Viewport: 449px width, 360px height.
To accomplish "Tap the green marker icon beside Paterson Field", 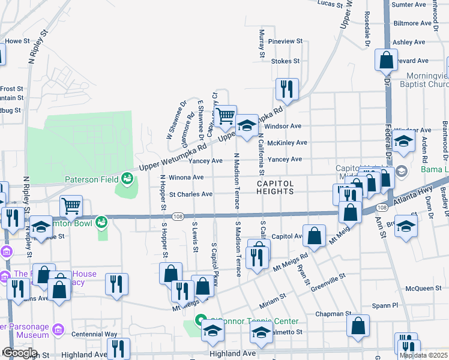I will coord(127,178).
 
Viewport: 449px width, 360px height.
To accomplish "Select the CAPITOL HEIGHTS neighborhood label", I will coord(276,187).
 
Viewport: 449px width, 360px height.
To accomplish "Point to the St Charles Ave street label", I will coord(190,194).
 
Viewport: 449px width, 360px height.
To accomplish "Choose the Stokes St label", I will coord(285,61).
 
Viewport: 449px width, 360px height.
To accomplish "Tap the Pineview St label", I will coord(285,41).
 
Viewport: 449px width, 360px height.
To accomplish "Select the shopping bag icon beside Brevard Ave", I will coord(386,60).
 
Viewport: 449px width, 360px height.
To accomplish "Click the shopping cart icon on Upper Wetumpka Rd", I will coord(226,116).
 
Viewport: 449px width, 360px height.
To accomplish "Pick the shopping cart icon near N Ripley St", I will coord(71,206).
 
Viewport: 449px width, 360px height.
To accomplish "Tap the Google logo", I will coord(19,353).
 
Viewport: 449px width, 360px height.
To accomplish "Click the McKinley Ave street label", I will coord(287,143).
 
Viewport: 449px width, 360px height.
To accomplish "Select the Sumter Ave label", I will coord(408,5).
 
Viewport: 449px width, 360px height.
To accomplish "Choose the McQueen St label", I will coord(423,289).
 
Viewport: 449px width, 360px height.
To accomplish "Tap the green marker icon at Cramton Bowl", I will coord(101,222).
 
